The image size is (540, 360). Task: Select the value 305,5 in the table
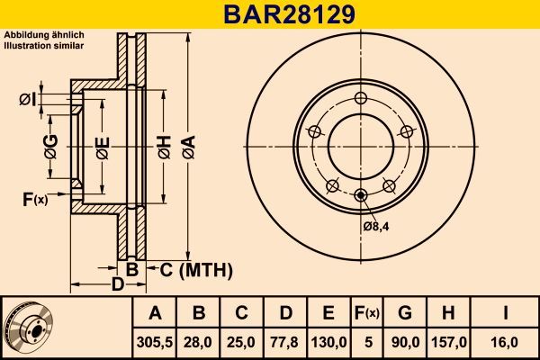pos(156,341)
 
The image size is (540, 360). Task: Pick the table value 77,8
pos(284,341)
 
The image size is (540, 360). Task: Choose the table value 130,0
pos(328,341)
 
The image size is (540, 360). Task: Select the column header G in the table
pos(405,313)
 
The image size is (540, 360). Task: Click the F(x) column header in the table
pos(367,313)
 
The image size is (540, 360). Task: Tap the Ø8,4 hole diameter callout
pos(375,226)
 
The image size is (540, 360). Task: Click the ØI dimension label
pos(27,99)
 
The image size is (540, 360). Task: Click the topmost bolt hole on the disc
pos(361,98)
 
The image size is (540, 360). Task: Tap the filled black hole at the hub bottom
pos(361,195)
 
